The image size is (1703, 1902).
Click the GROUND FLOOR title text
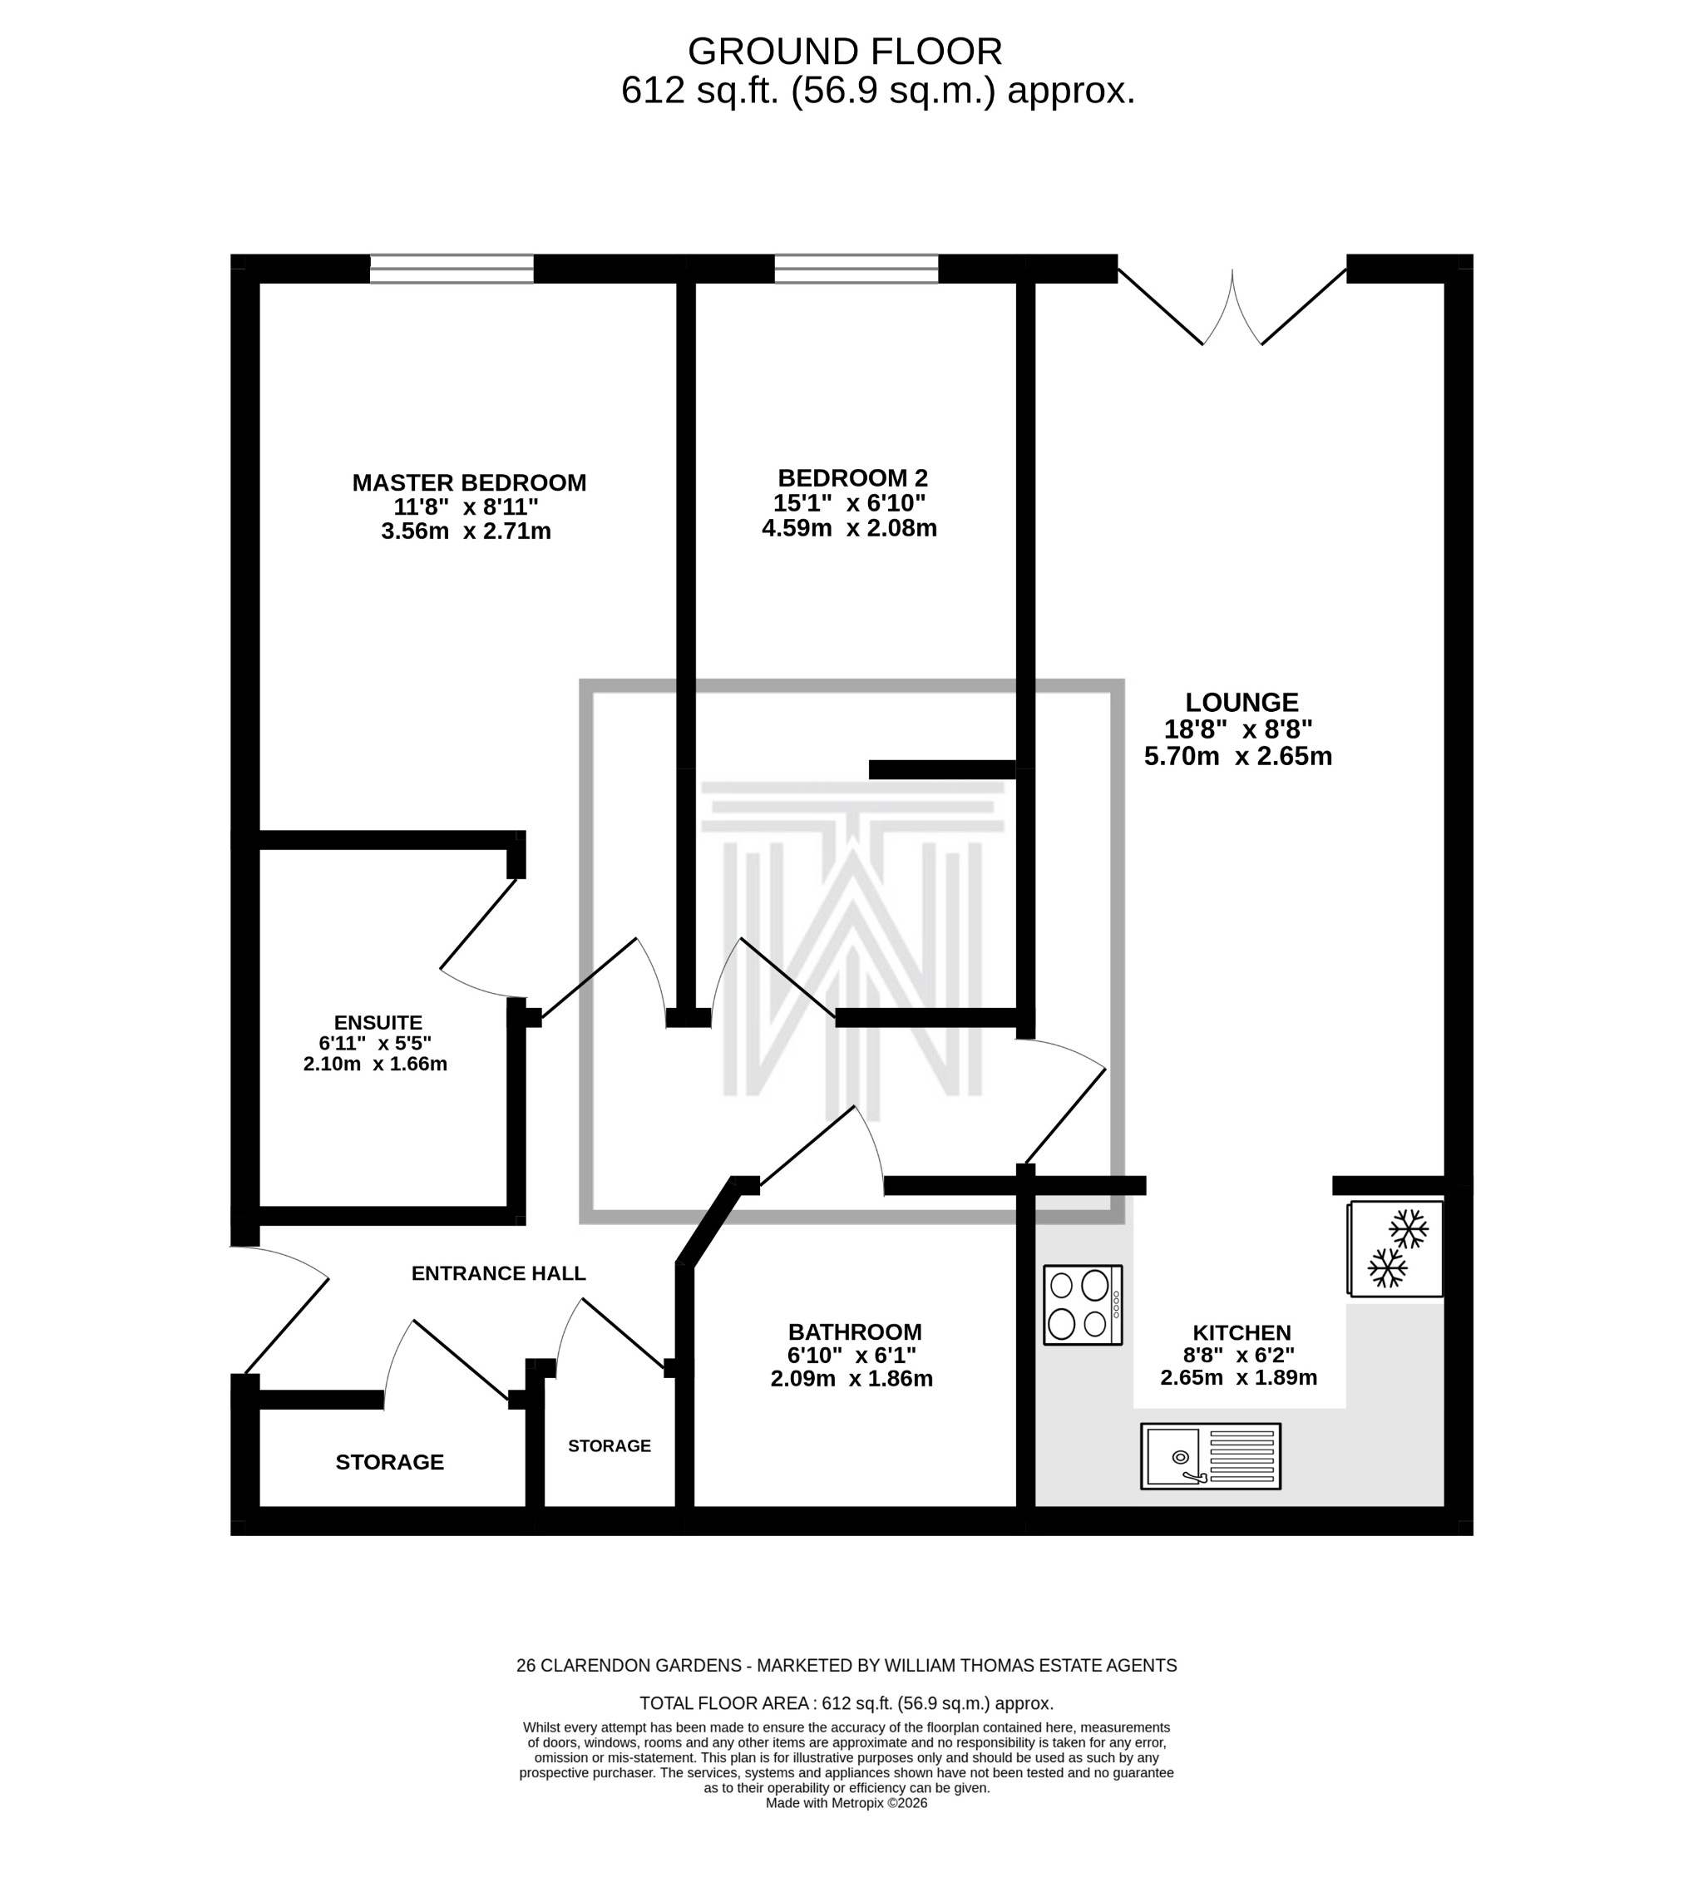(844, 52)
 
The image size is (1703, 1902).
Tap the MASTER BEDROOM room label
(469, 483)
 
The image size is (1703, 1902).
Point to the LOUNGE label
(1241, 702)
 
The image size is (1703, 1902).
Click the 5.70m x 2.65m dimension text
(1237, 756)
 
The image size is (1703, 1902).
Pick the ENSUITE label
(378, 1022)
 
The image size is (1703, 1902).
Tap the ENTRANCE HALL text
(498, 1273)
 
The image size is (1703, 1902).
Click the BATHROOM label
(853, 1331)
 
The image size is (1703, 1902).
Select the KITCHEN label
(1241, 1332)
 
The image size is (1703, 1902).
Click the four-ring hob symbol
(1082, 1305)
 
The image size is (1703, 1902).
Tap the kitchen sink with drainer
(1209, 1456)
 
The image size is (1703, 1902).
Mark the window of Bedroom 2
(856, 269)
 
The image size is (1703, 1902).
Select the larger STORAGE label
(389, 1461)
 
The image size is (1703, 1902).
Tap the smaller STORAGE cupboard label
(610, 1445)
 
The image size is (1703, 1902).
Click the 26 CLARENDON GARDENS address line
(845, 1665)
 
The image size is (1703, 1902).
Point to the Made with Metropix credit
(846, 1803)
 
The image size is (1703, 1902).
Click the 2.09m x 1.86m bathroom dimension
(851, 1378)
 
